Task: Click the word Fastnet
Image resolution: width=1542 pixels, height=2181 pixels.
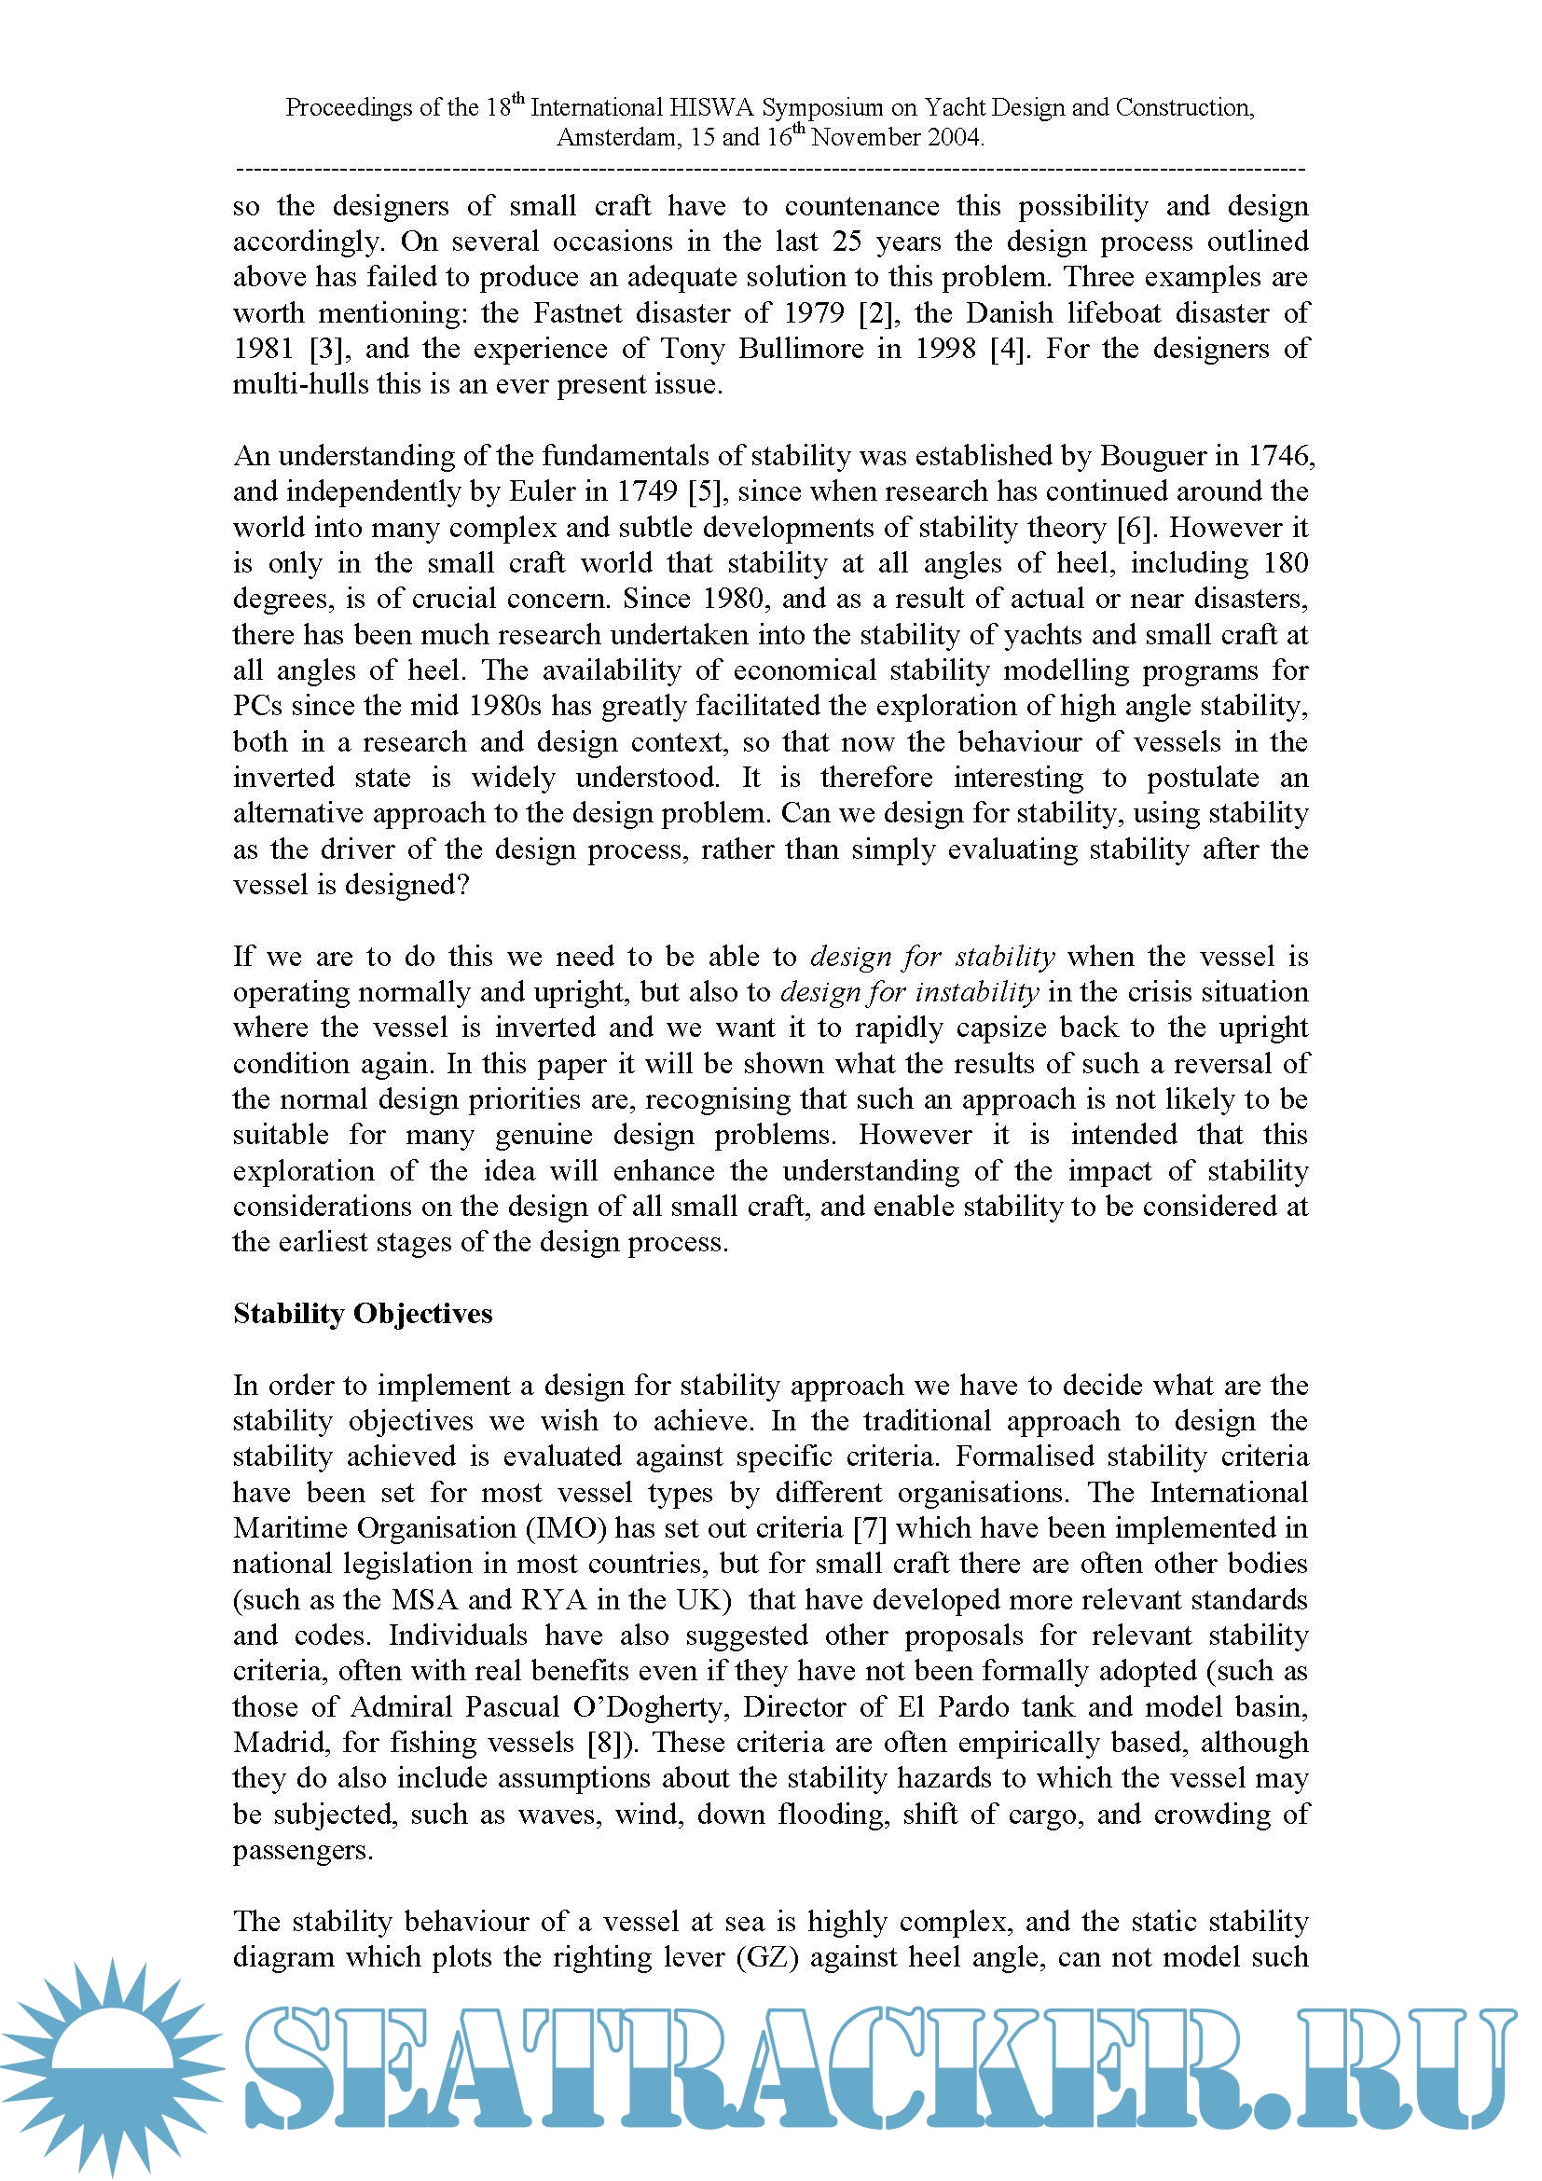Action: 578,313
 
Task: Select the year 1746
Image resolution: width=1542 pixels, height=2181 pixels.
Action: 1282,457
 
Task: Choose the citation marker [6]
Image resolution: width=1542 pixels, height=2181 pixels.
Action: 1135,528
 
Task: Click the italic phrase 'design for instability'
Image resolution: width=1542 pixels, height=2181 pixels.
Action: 910,993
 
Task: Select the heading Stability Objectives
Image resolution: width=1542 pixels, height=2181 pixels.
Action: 363,1314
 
